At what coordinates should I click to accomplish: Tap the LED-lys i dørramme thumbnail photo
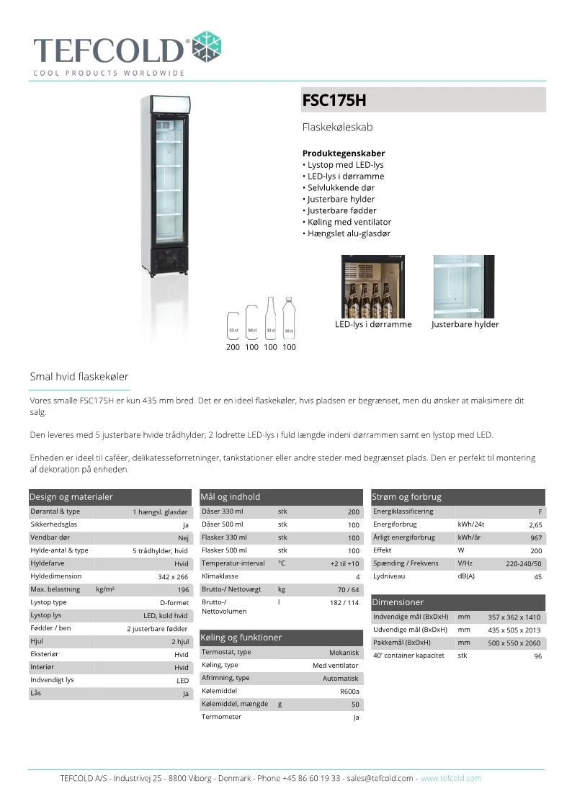[372, 286]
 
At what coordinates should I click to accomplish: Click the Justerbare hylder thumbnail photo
[463, 286]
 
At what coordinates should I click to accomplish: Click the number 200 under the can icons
[233, 347]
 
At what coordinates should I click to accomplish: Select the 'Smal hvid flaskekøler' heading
[79, 377]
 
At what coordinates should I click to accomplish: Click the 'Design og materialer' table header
[71, 497]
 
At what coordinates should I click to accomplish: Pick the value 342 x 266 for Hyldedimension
[173, 577]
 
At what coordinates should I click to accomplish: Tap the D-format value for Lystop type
[174, 603]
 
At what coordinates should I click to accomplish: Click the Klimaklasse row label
[220, 576]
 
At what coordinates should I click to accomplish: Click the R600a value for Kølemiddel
[349, 692]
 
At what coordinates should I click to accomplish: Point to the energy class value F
[540, 512]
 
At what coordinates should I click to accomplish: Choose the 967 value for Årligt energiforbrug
[536, 538]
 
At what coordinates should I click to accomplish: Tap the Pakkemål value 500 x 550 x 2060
[514, 643]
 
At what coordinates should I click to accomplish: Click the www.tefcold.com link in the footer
[451, 778]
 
